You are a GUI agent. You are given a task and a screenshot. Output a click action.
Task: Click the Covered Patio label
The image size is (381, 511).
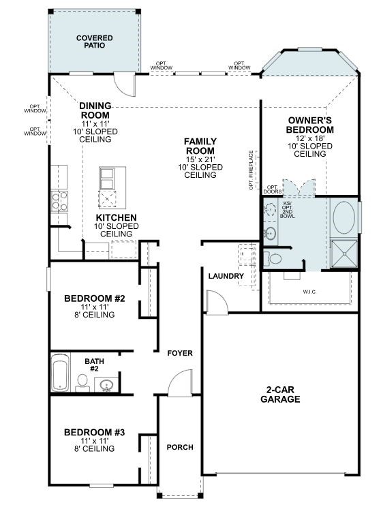(95, 42)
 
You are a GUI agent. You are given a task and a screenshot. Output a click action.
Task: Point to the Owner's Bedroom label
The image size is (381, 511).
(309, 125)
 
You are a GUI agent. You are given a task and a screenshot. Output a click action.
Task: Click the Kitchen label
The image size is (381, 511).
(115, 218)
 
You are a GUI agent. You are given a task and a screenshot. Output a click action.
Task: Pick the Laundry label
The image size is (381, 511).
(226, 276)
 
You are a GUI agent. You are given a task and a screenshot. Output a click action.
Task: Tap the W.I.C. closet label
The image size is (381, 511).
(310, 292)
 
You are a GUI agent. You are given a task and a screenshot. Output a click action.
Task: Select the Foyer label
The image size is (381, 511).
(180, 354)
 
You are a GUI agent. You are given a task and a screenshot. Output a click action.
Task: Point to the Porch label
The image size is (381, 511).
(180, 448)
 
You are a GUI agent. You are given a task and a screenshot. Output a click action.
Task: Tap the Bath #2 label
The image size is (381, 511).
(94, 365)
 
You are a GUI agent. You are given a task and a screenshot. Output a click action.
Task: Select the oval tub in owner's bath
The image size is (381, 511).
(344, 217)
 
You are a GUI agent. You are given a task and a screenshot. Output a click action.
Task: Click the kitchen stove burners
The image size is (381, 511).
(59, 200)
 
